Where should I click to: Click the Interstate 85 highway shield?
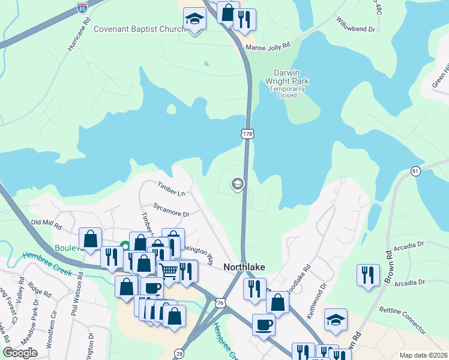(82, 8)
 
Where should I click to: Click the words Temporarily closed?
(287, 92)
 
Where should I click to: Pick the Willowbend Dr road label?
(355, 25)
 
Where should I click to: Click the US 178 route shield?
(247, 134)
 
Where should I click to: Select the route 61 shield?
(415, 172)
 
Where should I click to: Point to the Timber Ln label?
(172, 189)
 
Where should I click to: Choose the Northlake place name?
(244, 267)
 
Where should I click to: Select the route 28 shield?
(179, 354)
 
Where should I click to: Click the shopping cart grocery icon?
(169, 271)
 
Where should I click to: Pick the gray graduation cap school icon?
(237, 184)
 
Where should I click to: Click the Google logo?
(20, 352)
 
